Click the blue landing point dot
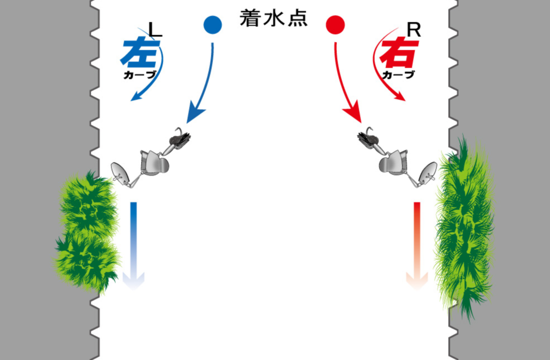coord(213,25)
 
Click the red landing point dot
coord(335,25)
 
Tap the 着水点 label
coord(273,18)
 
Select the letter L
coord(155,30)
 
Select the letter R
coord(414,30)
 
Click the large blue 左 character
coord(140,52)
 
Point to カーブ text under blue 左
coord(140,75)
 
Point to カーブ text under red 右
coord(398,75)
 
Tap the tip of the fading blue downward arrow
coord(133,289)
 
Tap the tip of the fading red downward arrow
coord(417,289)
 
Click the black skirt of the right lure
coord(368,140)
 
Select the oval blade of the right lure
coord(428,173)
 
